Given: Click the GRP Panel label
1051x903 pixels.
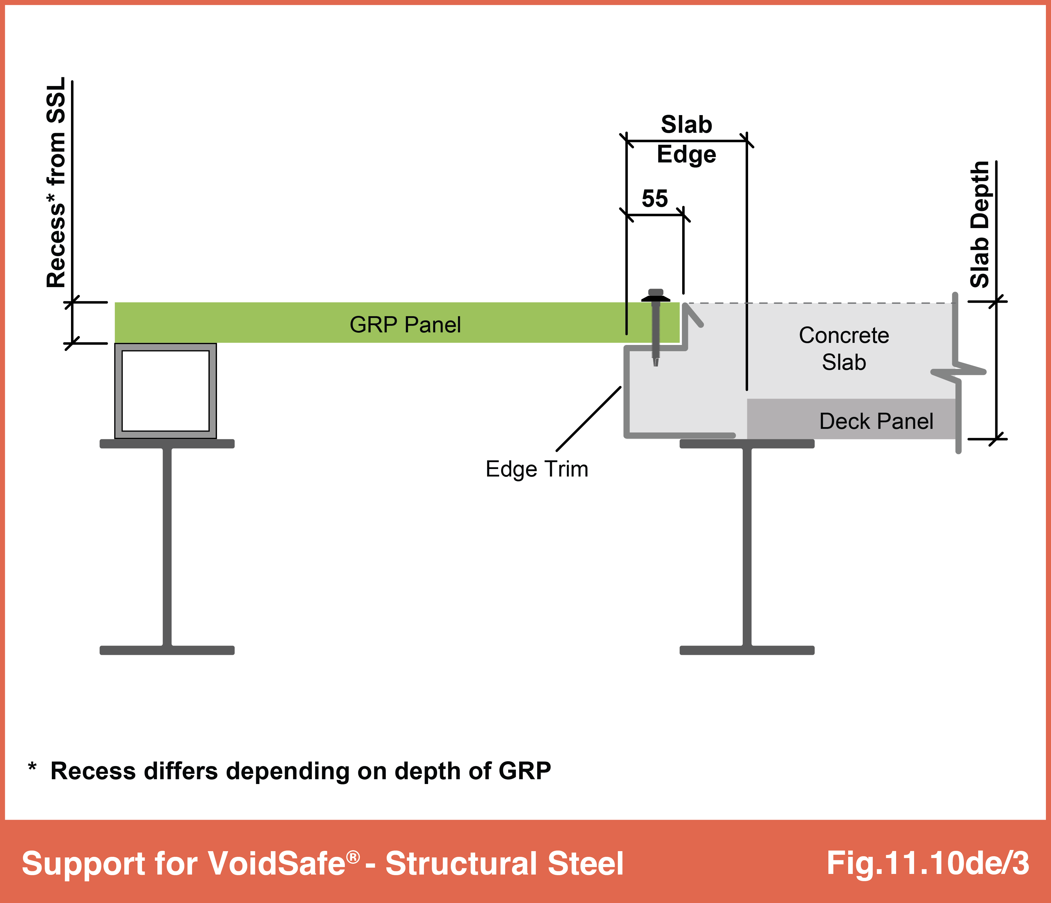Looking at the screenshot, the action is click(x=405, y=325).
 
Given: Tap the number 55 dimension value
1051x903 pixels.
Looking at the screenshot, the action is click(x=655, y=198).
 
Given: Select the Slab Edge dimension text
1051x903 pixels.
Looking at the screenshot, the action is click(x=686, y=139).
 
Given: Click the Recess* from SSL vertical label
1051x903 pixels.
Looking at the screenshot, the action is click(x=56, y=183).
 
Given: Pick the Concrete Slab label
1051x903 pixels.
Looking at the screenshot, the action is click(x=844, y=349).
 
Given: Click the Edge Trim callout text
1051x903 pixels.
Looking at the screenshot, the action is click(x=537, y=469).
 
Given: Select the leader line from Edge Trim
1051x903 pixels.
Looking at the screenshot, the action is click(x=588, y=418).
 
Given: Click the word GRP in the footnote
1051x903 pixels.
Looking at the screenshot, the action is click(x=525, y=771).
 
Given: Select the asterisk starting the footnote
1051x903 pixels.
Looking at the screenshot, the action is click(x=32, y=767).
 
